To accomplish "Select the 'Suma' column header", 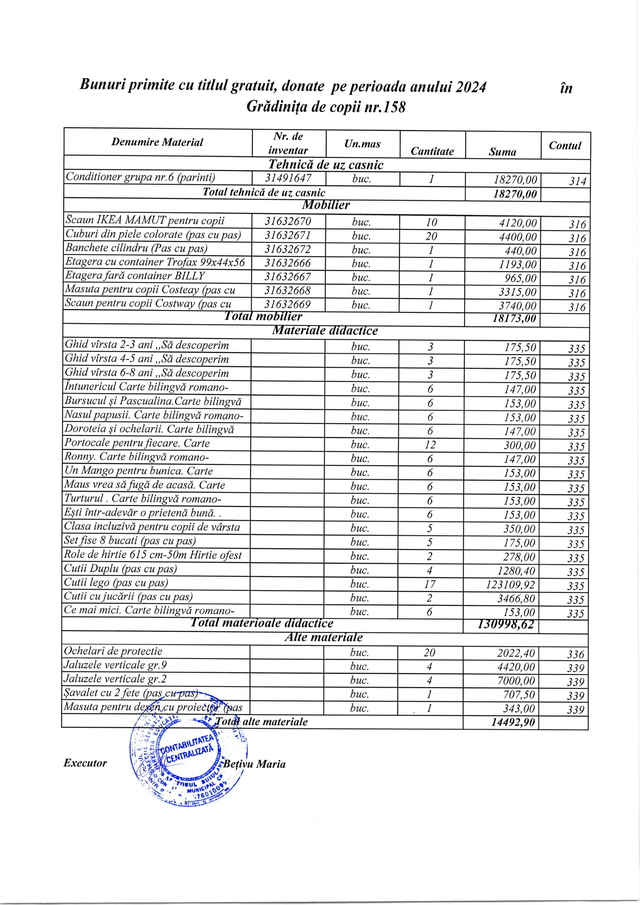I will pos(502,152).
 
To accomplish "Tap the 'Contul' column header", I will pos(565,145).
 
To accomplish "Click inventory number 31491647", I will pos(288,178).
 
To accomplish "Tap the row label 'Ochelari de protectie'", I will pos(113,651).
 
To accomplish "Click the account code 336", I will pos(575,654).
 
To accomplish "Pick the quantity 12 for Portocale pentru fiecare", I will pos(430,445).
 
